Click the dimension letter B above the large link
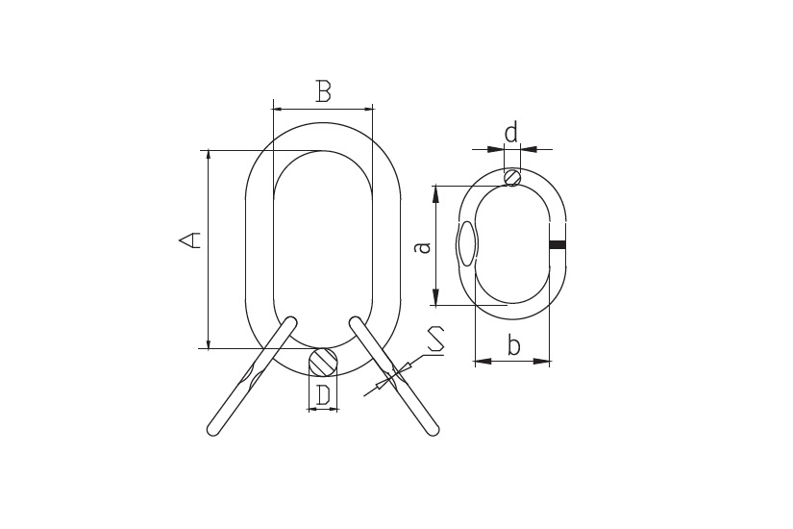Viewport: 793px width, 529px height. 323,91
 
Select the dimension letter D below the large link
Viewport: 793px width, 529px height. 323,395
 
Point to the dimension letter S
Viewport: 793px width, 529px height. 436,340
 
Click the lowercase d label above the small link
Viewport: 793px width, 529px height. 511,133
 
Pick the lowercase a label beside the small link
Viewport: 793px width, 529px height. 423,246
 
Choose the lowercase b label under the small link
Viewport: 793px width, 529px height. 513,345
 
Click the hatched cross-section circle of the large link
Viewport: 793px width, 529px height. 323,362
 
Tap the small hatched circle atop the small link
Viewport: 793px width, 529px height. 512,177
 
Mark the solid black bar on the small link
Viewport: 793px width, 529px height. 558,245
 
